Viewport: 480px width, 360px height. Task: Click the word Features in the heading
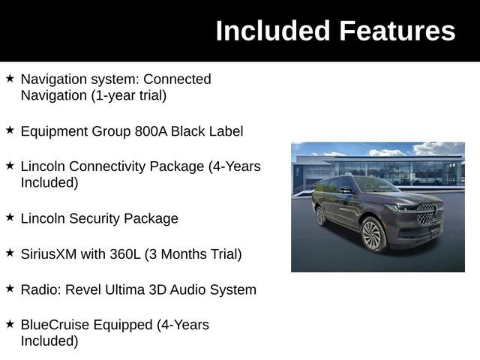(397, 31)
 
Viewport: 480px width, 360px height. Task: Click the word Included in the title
(272, 31)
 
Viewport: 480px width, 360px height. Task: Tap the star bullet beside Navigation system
(10, 78)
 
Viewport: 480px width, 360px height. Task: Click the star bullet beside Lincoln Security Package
(10, 217)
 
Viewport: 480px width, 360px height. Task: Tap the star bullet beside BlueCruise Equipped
(10, 324)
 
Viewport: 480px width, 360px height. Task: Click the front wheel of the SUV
(373, 235)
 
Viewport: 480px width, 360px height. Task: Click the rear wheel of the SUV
(321, 216)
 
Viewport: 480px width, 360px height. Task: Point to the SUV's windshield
(375, 184)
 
